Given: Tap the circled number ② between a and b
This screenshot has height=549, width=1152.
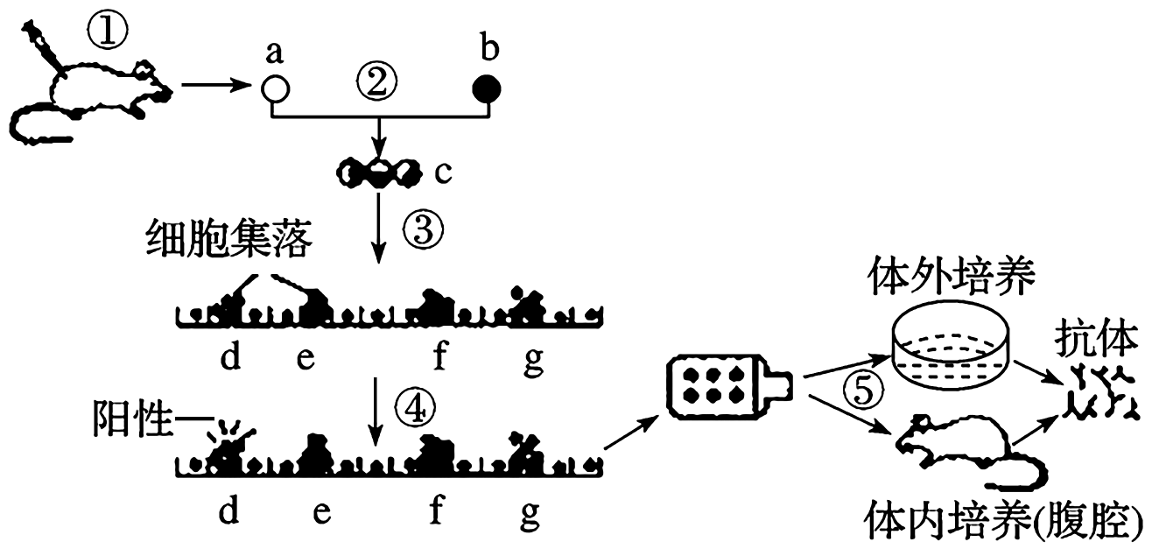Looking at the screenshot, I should click(x=377, y=84).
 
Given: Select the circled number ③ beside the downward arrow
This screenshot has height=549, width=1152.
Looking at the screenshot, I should click(x=423, y=232).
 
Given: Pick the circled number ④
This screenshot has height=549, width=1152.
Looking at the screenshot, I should click(x=414, y=406).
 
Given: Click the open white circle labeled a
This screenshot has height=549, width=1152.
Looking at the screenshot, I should click(x=275, y=88).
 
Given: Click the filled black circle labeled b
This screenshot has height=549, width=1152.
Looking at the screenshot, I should click(x=487, y=88).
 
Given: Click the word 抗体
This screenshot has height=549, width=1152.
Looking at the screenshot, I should click(x=1097, y=339).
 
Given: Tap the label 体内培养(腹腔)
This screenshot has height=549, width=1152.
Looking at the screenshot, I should click(x=1001, y=517).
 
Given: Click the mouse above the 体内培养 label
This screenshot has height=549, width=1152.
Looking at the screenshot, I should click(x=963, y=451).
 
